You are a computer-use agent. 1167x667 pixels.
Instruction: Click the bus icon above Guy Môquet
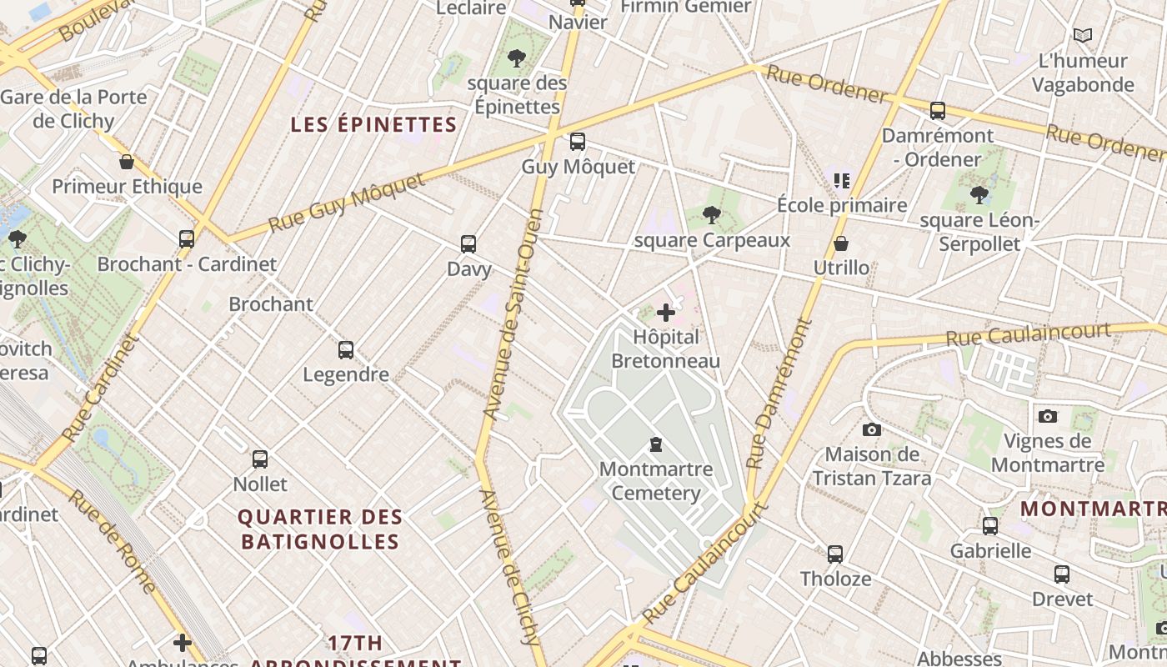tap(577, 142)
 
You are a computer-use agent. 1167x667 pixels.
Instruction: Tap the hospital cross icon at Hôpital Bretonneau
tap(665, 313)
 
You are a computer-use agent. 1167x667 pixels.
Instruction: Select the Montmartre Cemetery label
tap(656, 481)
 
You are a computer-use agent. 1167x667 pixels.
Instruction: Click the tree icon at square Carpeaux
tap(711, 216)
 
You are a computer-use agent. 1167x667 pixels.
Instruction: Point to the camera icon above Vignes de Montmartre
tap(1048, 416)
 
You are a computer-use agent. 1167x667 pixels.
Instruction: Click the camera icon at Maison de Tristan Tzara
tap(871, 429)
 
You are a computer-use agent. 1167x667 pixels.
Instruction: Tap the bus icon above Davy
tap(468, 244)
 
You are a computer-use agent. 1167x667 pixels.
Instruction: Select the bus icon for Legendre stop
tap(346, 350)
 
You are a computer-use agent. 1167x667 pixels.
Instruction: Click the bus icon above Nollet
tap(260, 459)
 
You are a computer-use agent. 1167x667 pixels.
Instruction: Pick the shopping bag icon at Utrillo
tap(841, 243)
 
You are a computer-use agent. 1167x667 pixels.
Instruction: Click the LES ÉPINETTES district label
tap(373, 125)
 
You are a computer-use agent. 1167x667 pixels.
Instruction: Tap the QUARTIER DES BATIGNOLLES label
tap(320, 529)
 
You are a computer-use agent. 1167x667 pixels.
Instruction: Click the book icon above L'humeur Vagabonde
tap(1082, 36)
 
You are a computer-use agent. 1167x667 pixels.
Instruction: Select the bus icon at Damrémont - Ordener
tap(938, 111)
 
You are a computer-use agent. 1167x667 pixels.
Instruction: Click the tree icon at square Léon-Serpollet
tap(979, 195)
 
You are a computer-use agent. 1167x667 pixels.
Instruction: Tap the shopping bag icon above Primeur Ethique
tap(127, 162)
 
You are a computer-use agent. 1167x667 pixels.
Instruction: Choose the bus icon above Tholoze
tap(835, 554)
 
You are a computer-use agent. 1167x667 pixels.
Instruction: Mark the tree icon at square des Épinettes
tap(517, 58)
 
